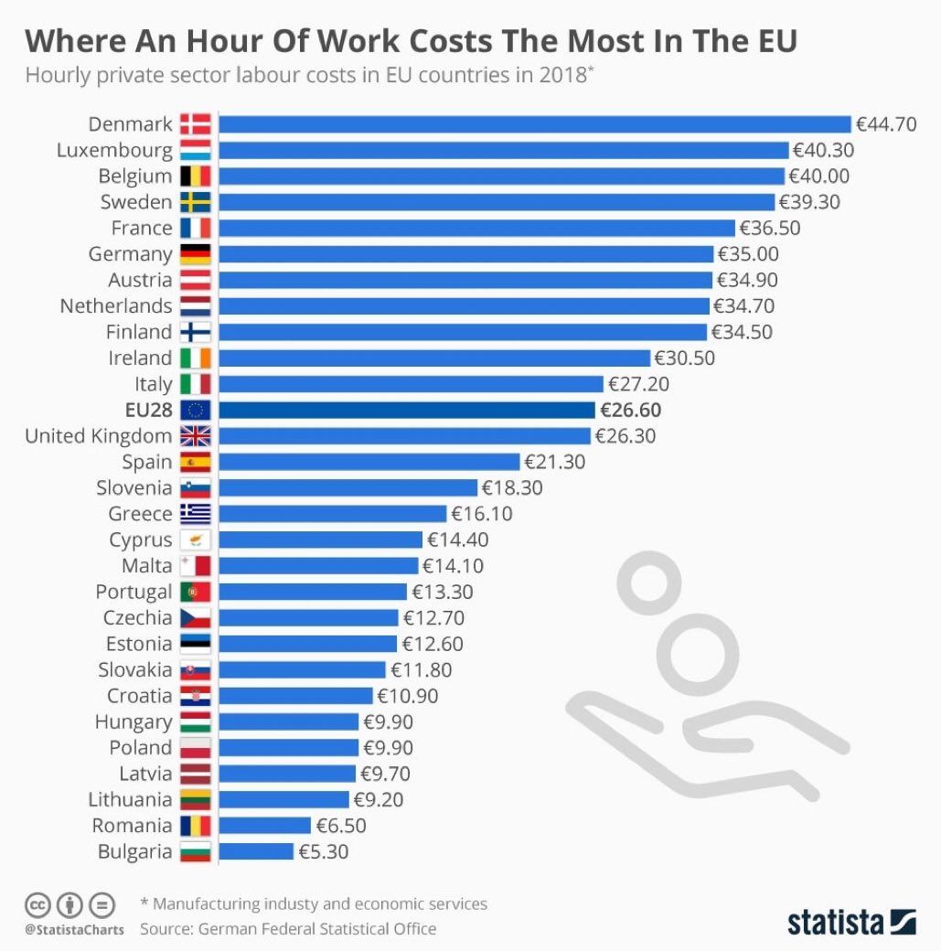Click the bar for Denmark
(535, 124)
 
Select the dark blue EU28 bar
(407, 410)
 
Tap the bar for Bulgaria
(256, 851)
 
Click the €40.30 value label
(822, 150)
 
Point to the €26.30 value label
(626, 436)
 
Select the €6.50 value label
(342, 826)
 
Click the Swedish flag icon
(196, 202)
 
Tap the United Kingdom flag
(196, 436)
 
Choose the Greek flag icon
(196, 514)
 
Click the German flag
(196, 254)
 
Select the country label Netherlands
(116, 305)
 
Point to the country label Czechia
(137, 618)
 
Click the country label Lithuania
(130, 799)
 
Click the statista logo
(850, 921)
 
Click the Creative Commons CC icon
(37, 905)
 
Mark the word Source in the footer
(168, 929)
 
